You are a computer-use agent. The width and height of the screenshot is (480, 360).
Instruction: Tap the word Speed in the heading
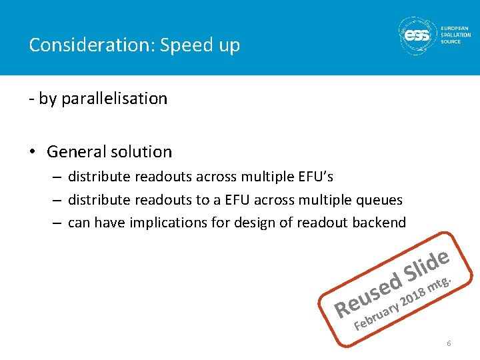179,45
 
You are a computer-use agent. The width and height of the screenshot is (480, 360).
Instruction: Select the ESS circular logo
419,35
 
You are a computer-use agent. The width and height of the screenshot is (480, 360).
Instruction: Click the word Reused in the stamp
367,293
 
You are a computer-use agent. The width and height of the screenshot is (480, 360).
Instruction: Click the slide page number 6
449,343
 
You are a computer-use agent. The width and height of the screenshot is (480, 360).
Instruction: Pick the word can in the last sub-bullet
79,223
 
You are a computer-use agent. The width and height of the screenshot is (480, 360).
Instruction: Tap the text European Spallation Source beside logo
455,35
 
